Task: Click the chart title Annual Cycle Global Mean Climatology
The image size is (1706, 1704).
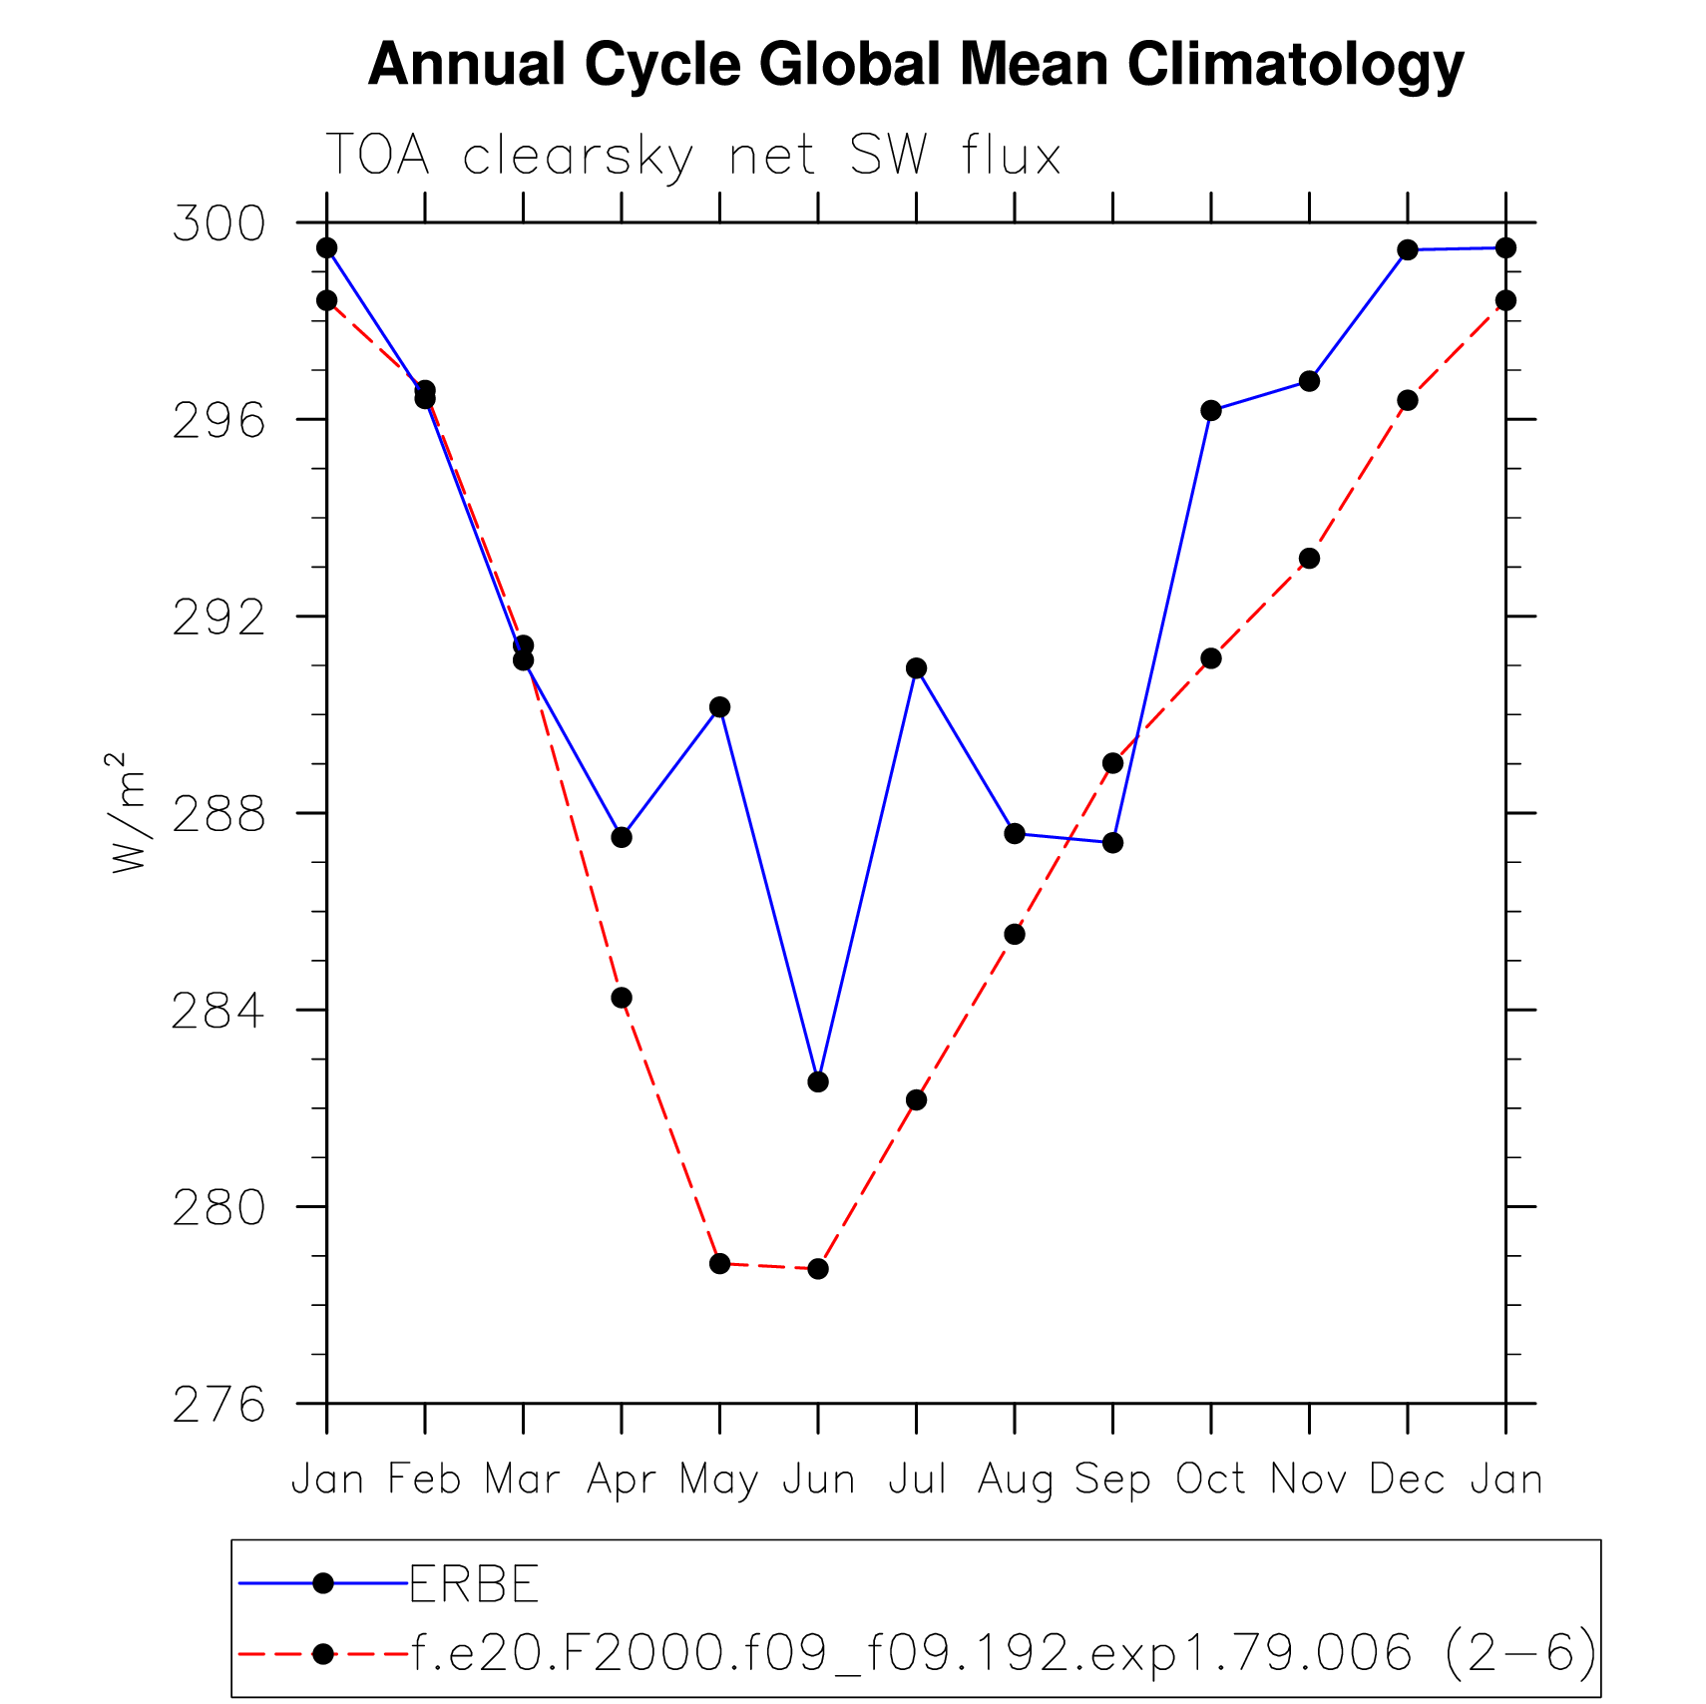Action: (x=915, y=65)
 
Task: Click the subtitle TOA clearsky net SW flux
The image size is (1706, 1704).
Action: (x=692, y=156)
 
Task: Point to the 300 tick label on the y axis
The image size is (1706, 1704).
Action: (x=219, y=223)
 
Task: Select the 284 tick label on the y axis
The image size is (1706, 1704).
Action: (x=219, y=1011)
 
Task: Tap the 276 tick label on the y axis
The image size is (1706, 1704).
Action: (x=219, y=1405)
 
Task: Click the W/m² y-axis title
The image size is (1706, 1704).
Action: (x=128, y=813)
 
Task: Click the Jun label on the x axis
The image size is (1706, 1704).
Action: (x=818, y=1479)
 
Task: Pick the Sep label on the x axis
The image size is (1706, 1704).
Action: (x=1112, y=1479)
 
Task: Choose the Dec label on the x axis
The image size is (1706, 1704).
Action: (x=1407, y=1479)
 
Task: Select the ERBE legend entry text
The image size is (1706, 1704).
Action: (x=475, y=1583)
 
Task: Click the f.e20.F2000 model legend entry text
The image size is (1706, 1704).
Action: (x=1004, y=1653)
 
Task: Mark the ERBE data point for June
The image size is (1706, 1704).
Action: (x=818, y=1081)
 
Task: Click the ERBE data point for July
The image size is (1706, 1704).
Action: (x=916, y=668)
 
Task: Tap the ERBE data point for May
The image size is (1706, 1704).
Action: (x=719, y=707)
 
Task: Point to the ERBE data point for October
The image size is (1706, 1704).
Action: (x=1211, y=410)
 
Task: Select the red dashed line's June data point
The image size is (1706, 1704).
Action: (x=818, y=1269)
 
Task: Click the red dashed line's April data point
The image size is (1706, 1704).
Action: (x=622, y=998)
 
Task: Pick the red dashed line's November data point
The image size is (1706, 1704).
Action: (x=1309, y=559)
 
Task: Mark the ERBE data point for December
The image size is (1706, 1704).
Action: (x=1408, y=249)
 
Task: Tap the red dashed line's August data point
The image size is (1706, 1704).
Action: (x=1015, y=935)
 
